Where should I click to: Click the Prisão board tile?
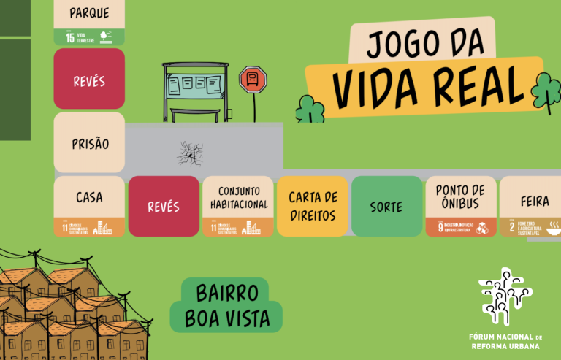click(89, 142)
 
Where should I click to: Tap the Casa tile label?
click(89, 197)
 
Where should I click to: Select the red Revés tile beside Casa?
click(164, 206)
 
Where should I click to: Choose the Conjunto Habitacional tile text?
click(238, 197)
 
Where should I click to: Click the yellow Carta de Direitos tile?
click(313, 206)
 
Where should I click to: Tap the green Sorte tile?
click(386, 207)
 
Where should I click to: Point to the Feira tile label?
click(535, 200)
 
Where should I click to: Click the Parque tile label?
click(89, 12)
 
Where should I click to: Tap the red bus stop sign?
click(253, 78)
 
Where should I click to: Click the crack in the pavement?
click(190, 153)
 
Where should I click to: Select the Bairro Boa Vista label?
click(227, 305)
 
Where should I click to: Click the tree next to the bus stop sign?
click(310, 110)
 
